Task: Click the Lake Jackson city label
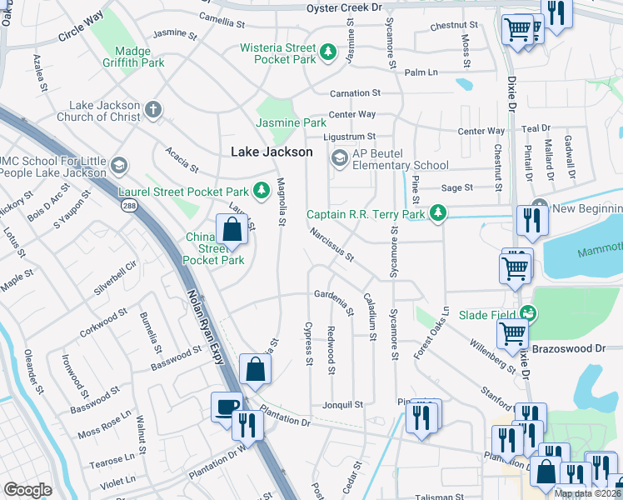click(272, 152)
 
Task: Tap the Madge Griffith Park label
click(134, 55)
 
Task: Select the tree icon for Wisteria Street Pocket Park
click(329, 53)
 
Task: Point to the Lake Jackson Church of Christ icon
click(152, 109)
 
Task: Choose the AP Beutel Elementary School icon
click(339, 157)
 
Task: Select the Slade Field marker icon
click(526, 312)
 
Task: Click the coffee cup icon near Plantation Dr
click(227, 407)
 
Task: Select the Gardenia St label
click(335, 294)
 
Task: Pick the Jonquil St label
click(342, 404)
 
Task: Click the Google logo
click(27, 490)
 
